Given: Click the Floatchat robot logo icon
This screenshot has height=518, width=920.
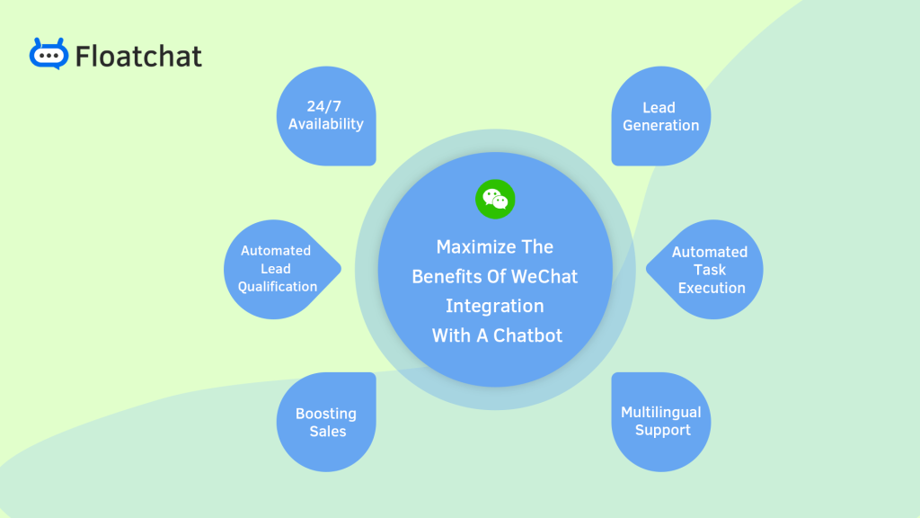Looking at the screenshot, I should point(49,54).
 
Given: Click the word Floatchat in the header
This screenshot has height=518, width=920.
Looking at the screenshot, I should point(138,57).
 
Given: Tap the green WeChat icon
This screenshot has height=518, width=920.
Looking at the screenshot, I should point(495,198).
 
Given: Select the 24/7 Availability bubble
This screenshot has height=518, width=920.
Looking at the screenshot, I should point(326,116).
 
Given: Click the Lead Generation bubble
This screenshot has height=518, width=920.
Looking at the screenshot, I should point(660,116).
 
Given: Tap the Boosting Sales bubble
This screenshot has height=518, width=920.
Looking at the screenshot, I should point(326,422).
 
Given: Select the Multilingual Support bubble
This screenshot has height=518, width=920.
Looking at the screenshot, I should point(660,422).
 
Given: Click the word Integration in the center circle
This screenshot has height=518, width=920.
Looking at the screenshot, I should point(494,307).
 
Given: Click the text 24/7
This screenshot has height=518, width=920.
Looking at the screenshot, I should point(325,107).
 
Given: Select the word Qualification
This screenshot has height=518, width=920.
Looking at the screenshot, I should point(278,287).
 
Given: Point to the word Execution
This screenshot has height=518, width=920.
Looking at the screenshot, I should point(712,289).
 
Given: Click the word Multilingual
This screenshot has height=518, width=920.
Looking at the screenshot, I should point(660,413).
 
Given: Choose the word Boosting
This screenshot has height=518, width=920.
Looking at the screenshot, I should point(326,414).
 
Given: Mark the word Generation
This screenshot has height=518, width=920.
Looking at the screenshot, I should point(660,126).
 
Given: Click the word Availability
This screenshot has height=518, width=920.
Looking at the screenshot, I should point(326,125).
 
